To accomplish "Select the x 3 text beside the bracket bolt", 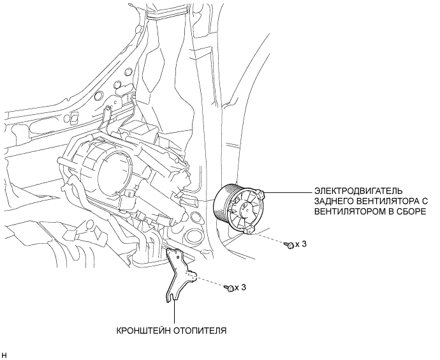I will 241,288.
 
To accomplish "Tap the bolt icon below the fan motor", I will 290,245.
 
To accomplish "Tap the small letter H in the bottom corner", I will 4,352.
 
